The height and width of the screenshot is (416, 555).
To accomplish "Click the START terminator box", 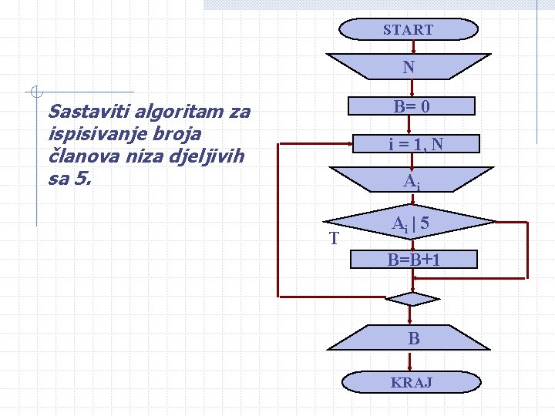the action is (408, 30).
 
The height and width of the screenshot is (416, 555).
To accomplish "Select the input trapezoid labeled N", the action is (408, 67).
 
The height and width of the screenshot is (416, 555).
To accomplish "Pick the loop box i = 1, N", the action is (415, 144).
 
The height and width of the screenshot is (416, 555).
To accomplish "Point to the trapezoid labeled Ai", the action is (409, 182).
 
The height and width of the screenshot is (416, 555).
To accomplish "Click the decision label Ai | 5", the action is (410, 224).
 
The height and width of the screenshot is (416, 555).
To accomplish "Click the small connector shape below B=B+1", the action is (412, 299).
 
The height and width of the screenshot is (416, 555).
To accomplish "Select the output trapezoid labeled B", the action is (414, 338).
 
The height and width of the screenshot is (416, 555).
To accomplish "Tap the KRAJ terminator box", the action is (411, 382).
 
